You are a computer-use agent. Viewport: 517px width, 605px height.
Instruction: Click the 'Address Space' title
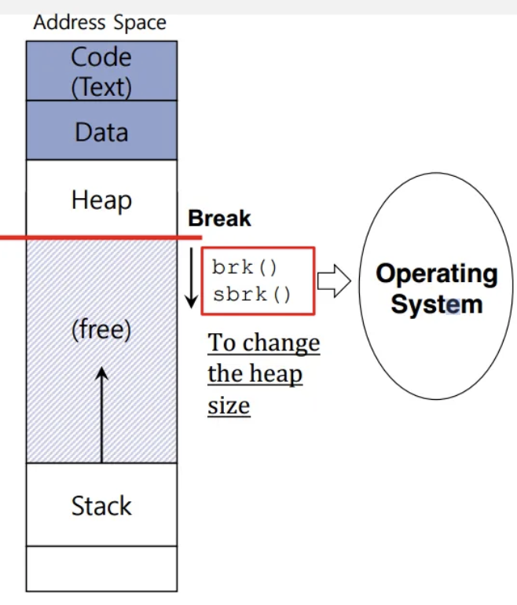point(100,23)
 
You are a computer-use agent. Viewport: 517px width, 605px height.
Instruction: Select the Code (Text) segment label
point(101,71)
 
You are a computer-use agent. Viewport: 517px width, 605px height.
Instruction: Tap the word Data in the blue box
point(101,131)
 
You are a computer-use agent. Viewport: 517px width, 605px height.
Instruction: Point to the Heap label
point(101,200)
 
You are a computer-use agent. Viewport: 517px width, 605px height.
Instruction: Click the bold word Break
point(219,219)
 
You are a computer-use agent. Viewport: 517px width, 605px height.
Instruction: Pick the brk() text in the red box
point(244,267)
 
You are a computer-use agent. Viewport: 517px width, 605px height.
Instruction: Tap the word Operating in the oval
point(436,273)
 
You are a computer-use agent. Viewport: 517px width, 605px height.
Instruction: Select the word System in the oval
point(436,304)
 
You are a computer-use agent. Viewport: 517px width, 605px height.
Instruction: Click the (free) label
point(101,330)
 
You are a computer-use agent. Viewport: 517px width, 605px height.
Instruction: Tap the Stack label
point(101,505)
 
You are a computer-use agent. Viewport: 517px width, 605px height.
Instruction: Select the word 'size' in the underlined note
point(229,406)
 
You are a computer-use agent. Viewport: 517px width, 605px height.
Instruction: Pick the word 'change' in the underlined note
point(281,344)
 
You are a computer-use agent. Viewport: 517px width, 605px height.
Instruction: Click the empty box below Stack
point(101,568)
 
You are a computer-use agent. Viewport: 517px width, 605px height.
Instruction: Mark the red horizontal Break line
point(101,236)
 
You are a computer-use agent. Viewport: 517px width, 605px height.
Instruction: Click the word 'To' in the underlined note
point(222,343)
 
